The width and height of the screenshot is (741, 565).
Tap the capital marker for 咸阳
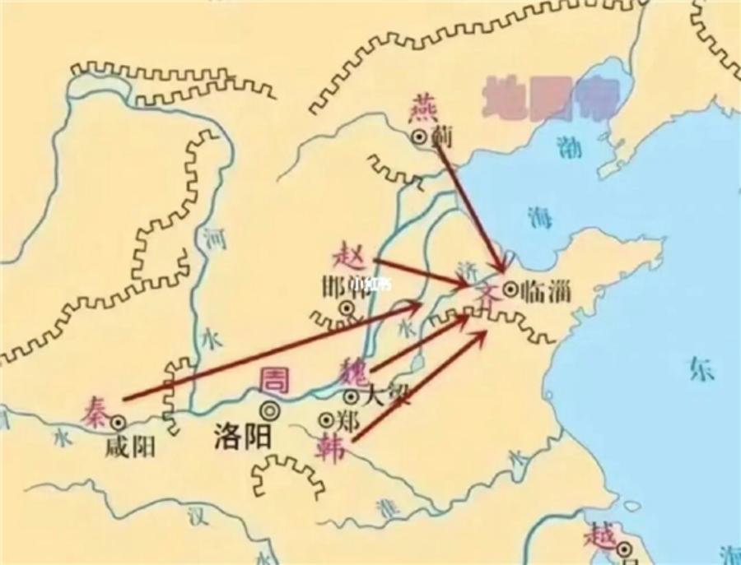click(119, 421)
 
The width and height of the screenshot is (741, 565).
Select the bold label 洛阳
click(242, 435)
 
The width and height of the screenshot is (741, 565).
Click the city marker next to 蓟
click(421, 137)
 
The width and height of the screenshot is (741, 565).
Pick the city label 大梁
click(383, 396)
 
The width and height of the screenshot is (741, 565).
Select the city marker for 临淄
click(510, 289)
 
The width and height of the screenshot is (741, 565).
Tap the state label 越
click(599, 535)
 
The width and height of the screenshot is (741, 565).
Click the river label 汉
click(195, 518)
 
